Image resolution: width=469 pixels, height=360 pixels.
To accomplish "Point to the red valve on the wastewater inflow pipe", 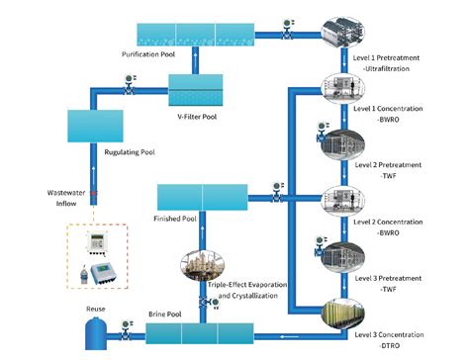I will point(94,192).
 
